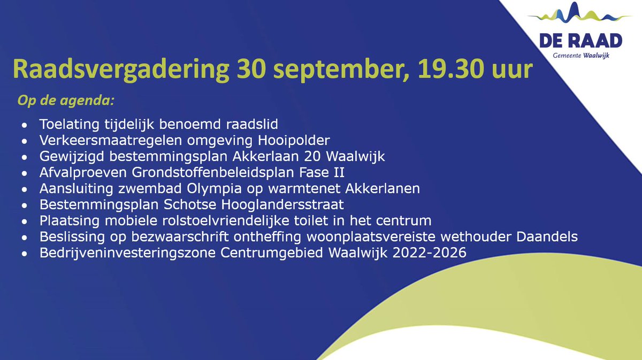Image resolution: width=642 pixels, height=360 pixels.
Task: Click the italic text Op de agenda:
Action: pos(67,100)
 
